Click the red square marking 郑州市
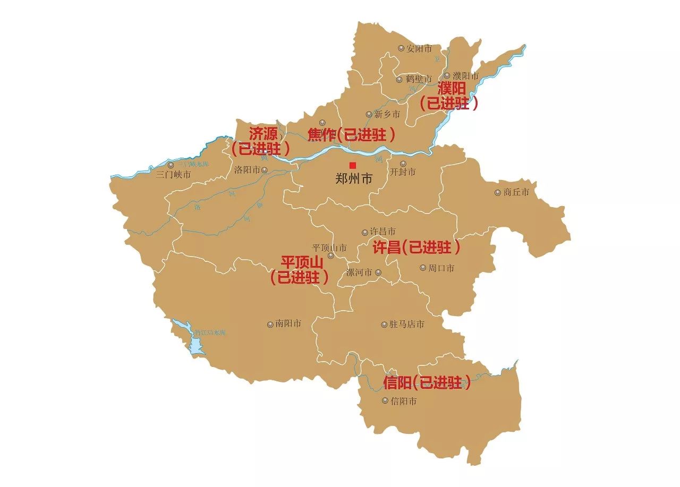(x=353, y=165)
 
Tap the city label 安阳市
(x=419, y=48)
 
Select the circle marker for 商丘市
(x=498, y=192)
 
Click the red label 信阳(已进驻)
(x=427, y=382)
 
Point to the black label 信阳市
(x=403, y=401)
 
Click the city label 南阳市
(x=288, y=323)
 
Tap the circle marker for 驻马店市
(x=384, y=324)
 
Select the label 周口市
(x=441, y=268)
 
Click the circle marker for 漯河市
(x=378, y=272)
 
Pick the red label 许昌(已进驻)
(x=415, y=247)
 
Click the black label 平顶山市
(x=329, y=247)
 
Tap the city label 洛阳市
(x=247, y=170)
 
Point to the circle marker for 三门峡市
(x=171, y=165)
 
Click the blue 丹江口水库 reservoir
(x=195, y=345)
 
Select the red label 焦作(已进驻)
(x=352, y=135)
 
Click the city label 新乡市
(x=387, y=114)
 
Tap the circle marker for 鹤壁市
(x=399, y=80)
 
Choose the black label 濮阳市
(x=465, y=76)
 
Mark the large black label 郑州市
(x=354, y=179)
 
